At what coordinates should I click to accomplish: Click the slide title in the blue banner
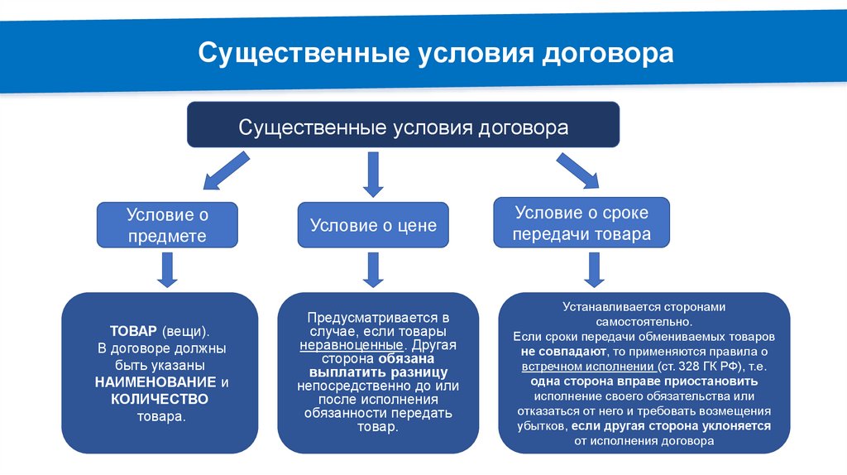pyautogui.click(x=435, y=55)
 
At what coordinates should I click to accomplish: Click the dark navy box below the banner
pyautogui.click(x=404, y=128)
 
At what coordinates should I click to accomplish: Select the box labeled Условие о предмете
pyautogui.click(x=167, y=225)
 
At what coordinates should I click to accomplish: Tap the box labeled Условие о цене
pyautogui.click(x=373, y=225)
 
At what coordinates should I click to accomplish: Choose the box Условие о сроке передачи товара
pyautogui.click(x=581, y=223)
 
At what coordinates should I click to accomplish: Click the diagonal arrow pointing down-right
pyautogui.click(x=576, y=171)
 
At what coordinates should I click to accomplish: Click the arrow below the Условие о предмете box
pyautogui.click(x=167, y=269)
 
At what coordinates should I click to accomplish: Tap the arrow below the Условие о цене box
pyautogui.click(x=373, y=269)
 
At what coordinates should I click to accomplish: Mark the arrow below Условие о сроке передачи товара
pyautogui.click(x=592, y=269)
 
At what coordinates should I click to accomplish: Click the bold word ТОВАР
pyautogui.click(x=127, y=330)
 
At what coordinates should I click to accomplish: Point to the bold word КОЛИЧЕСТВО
pyautogui.click(x=159, y=400)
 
